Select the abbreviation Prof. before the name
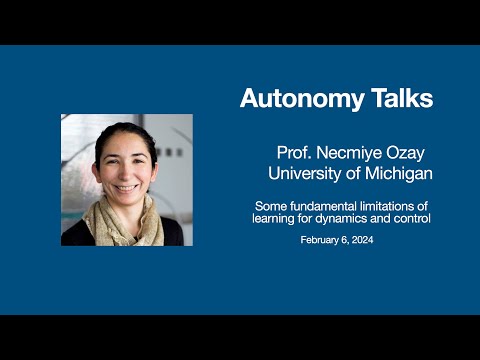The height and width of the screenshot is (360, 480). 295,153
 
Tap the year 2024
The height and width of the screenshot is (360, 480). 373,241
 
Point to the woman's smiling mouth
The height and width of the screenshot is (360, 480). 126,186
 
